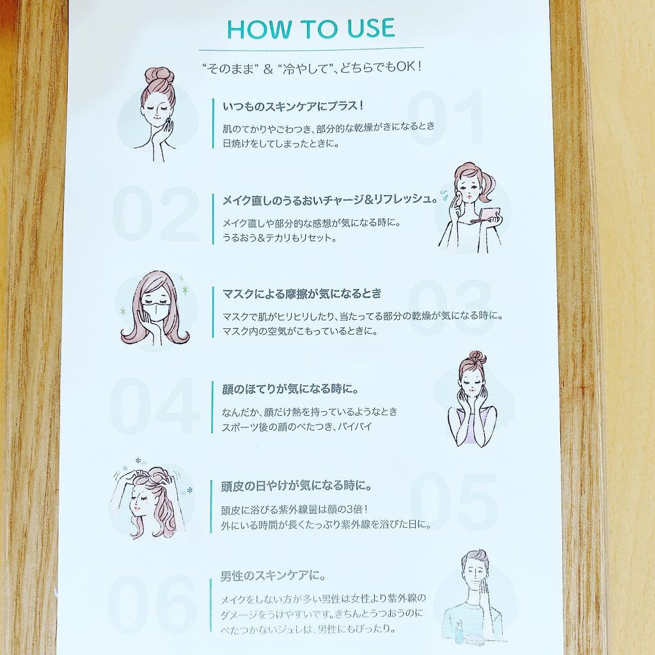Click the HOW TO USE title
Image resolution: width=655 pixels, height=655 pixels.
[312, 28]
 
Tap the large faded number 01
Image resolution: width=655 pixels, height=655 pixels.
[445, 118]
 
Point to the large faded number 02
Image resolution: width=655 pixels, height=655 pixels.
[155, 213]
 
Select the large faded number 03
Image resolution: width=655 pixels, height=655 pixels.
[449, 309]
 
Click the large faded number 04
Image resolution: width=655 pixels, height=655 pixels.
[155, 405]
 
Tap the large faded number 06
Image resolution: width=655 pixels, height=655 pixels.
[152, 603]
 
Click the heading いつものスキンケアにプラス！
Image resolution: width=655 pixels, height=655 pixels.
[293, 107]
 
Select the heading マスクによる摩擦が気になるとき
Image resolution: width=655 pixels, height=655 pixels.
[302, 294]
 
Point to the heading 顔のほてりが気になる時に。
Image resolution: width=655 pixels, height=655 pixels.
[290, 390]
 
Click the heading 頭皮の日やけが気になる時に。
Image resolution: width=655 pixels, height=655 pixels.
[296, 486]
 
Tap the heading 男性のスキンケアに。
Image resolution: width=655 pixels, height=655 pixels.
[273, 576]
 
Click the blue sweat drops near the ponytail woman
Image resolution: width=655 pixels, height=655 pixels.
[445, 193]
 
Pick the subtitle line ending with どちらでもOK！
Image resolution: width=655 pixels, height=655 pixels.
[312, 68]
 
